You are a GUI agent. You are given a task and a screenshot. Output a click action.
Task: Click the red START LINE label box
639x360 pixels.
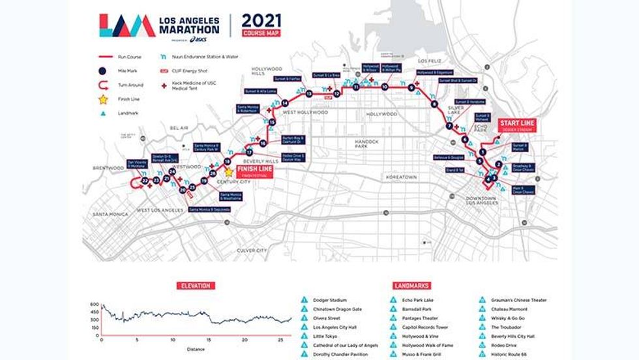tap(517, 125)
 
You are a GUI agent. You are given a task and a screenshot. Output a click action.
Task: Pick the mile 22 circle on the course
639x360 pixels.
tap(144, 181)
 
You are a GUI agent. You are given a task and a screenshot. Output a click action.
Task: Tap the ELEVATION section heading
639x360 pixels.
tap(196, 285)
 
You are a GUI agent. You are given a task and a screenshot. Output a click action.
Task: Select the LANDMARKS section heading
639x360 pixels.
tap(411, 285)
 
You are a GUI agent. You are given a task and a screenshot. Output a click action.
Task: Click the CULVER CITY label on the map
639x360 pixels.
tap(251, 250)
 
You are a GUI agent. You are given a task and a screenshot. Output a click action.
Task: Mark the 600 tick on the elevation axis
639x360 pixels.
tap(95, 305)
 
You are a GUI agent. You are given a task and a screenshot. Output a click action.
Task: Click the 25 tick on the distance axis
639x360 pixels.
tap(280, 340)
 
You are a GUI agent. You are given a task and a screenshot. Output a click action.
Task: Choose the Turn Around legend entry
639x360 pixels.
tap(130, 85)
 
